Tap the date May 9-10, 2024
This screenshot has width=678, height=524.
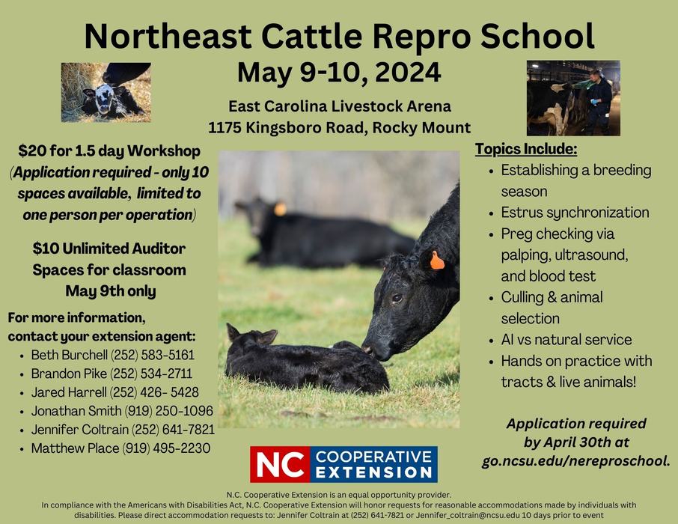tap(339, 73)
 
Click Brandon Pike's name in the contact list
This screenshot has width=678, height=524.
tap(63, 374)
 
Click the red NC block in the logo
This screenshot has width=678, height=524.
tap(278, 464)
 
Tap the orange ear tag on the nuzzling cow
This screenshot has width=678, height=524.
tap(437, 261)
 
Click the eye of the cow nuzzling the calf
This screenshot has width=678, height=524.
tap(397, 297)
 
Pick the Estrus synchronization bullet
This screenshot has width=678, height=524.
tap(575, 213)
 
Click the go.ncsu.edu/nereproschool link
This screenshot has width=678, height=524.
tap(575, 460)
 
